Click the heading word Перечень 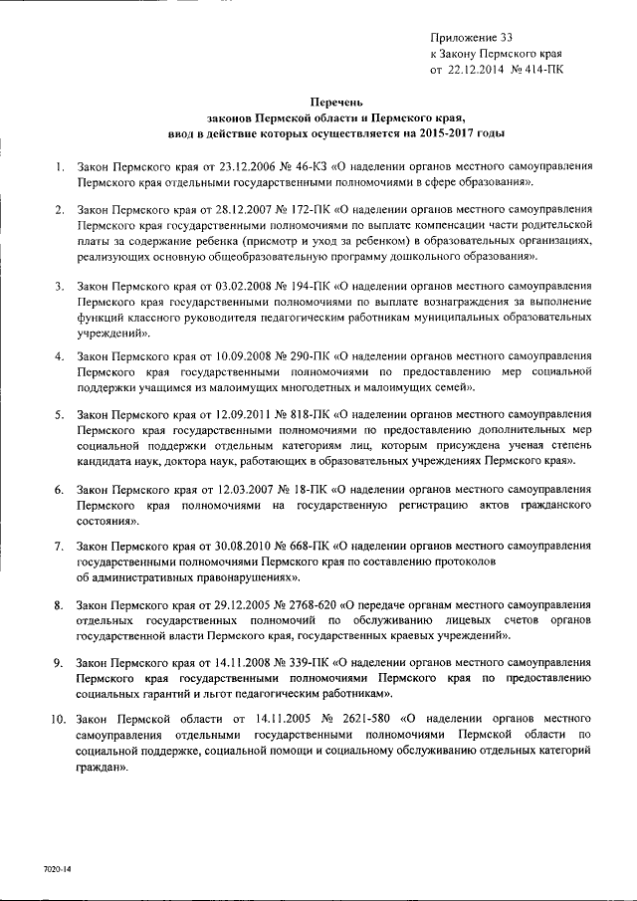329,101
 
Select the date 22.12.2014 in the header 474,70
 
